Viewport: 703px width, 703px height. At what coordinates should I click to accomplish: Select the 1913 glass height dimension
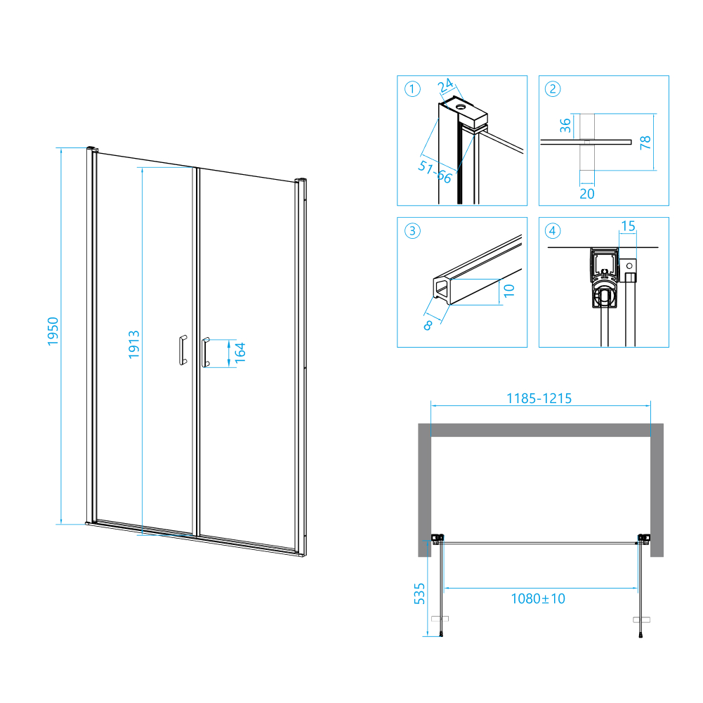point(134,345)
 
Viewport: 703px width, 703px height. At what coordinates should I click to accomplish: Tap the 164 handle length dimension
point(239,352)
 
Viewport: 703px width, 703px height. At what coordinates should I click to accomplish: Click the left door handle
point(182,350)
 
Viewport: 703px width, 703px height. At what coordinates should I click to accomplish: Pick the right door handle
point(206,352)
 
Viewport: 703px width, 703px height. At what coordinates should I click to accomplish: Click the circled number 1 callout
point(412,89)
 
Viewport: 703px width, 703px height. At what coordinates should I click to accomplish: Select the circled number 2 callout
point(553,89)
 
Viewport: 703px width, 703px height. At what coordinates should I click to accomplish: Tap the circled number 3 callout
point(412,230)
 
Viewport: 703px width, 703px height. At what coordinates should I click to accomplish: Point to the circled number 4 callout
point(553,230)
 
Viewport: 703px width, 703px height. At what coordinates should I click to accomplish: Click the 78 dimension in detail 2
point(646,143)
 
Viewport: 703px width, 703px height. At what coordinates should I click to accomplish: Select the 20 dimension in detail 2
point(587,194)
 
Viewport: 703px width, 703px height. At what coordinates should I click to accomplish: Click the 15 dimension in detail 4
point(628,226)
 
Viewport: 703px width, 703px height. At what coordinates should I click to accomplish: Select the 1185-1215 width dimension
point(539,398)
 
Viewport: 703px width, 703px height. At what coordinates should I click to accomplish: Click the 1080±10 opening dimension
point(538,598)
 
